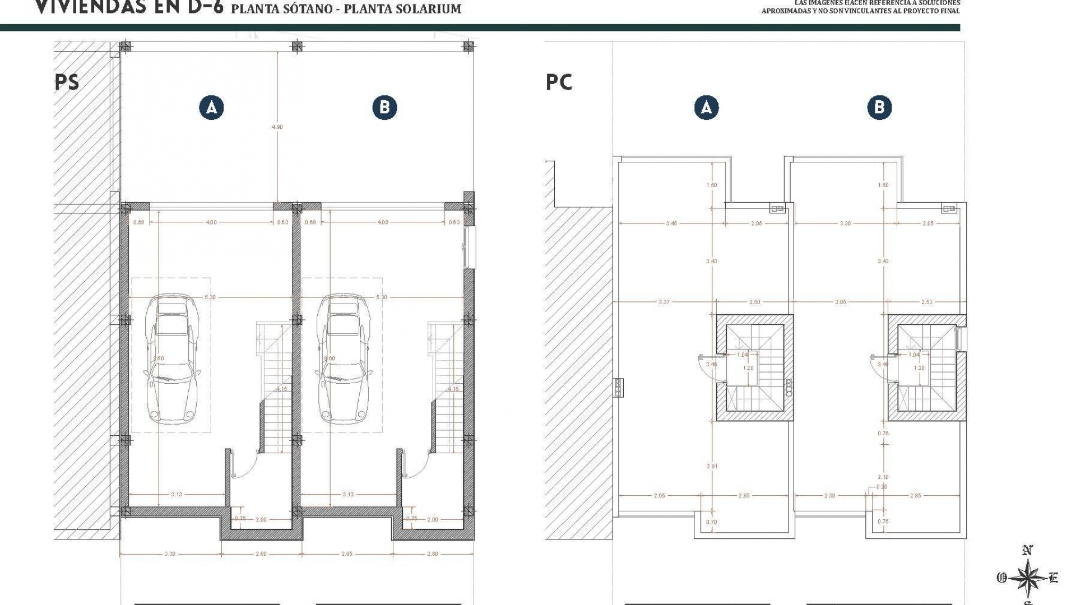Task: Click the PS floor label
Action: point(67,82)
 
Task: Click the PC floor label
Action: point(559,82)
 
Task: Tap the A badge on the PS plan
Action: point(211,108)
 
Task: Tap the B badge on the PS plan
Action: point(384,108)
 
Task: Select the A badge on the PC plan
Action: point(706,108)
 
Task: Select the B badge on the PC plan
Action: point(879,108)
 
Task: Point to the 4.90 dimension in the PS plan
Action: point(277,127)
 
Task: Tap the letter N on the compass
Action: point(1027,551)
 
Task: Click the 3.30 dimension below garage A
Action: point(170,554)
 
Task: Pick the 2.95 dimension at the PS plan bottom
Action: point(347,554)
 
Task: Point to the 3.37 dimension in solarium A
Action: point(664,302)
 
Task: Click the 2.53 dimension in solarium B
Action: point(927,302)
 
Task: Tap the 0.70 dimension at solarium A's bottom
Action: point(711,522)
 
